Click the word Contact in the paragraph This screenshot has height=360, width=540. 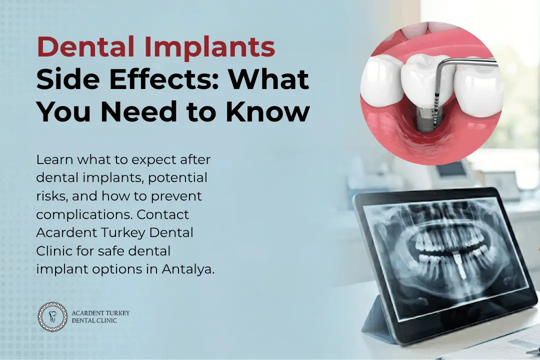point(163,214)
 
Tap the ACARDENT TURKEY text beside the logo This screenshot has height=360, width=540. point(100,313)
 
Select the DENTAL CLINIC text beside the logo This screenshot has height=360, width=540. point(94,320)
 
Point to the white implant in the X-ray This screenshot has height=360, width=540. point(456,264)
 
